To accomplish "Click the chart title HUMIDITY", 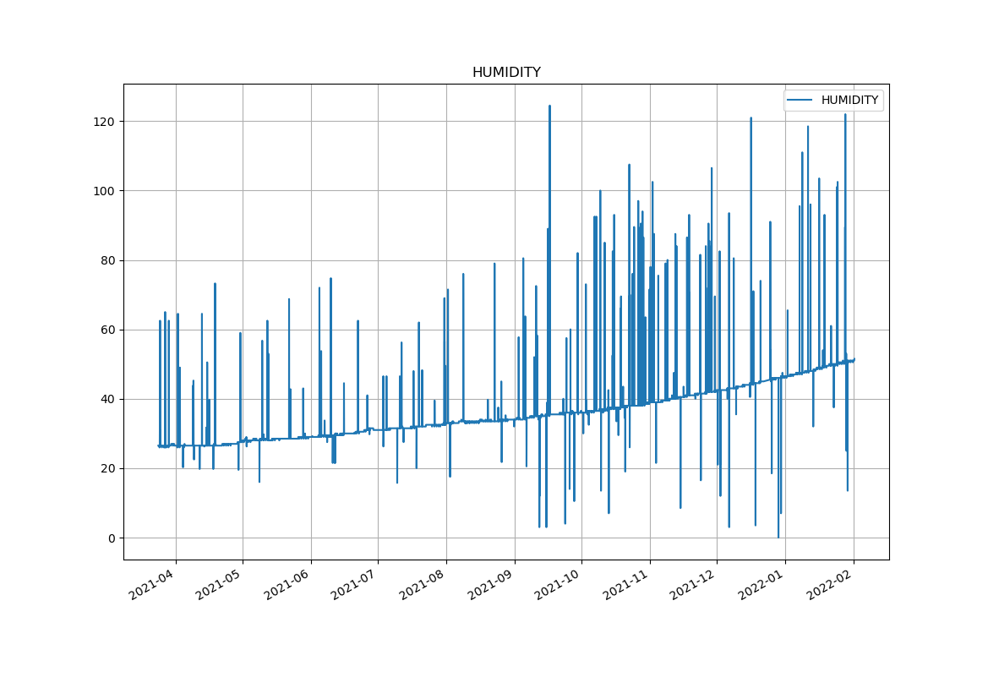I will pyautogui.click(x=506, y=73).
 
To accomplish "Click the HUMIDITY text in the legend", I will pyautogui.click(x=849, y=101).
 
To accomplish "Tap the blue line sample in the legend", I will pyautogui.click(x=800, y=101).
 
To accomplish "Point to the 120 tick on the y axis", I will pyautogui.click(x=105, y=122).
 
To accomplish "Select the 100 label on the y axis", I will pyautogui.click(x=105, y=191).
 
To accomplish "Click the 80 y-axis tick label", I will pyautogui.click(x=108, y=260).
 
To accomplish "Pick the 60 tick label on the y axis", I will pyautogui.click(x=108, y=330).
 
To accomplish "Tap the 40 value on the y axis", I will pyautogui.click(x=108, y=399).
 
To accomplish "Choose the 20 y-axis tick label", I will pyautogui.click(x=108, y=468).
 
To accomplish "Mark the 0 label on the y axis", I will pyautogui.click(x=112, y=538).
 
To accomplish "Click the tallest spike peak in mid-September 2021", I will pyautogui.click(x=549, y=106).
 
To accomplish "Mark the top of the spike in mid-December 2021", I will pyautogui.click(x=751, y=118).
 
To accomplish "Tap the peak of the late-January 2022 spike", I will pyautogui.click(x=845, y=115).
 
